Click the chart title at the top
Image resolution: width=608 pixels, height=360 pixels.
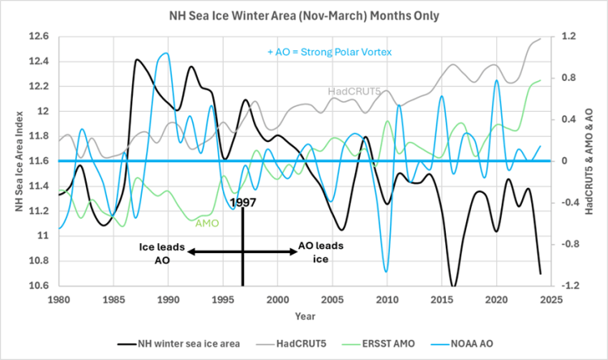pos(303,15)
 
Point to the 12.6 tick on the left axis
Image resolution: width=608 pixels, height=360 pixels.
pos(38,36)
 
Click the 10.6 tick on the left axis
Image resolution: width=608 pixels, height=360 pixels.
pos(38,285)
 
